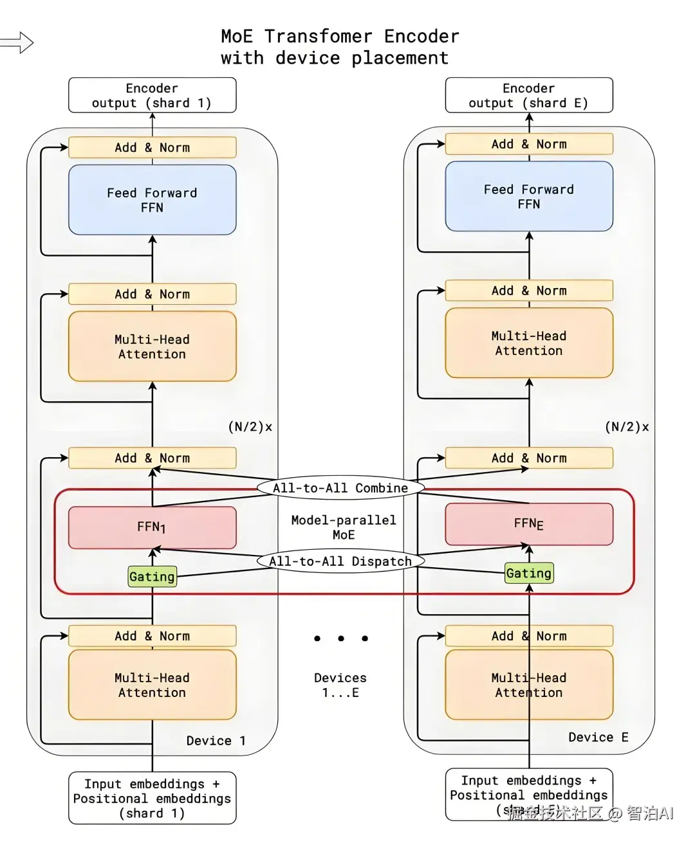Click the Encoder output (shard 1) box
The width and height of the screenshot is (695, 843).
(152, 95)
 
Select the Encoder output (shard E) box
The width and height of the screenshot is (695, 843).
(528, 95)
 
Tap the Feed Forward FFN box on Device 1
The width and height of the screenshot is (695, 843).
(152, 200)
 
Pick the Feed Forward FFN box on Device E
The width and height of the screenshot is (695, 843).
(528, 196)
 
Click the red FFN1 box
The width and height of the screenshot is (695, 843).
(152, 527)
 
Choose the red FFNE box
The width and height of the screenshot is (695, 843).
(528, 524)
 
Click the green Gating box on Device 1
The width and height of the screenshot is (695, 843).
(152, 576)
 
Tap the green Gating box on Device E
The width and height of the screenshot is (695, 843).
(528, 573)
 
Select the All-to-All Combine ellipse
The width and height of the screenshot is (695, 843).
(340, 488)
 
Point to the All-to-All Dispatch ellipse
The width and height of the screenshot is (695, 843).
(340, 561)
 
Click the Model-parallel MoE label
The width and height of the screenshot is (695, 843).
(343, 527)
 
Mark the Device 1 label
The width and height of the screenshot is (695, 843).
(216, 741)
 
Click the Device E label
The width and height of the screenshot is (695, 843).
(598, 738)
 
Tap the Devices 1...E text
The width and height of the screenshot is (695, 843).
(340, 685)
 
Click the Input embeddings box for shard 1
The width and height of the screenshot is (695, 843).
(152, 798)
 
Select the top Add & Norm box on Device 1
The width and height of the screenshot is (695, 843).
(152, 147)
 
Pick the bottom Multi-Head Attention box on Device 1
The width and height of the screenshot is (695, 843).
(152, 685)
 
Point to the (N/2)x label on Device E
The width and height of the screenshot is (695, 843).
(627, 427)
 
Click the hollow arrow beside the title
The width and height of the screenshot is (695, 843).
(17, 43)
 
